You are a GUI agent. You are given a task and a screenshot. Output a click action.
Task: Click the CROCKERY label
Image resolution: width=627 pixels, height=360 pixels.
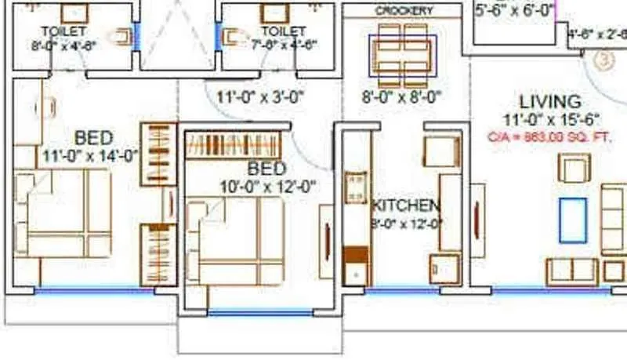pos(404,11)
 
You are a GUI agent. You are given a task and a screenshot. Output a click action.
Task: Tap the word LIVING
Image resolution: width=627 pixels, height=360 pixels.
pos(550,102)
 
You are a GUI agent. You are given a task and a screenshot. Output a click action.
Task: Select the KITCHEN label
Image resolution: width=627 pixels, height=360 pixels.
pos(405,205)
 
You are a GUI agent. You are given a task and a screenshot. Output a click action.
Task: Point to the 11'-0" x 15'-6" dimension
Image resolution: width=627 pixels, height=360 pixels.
pos(552,120)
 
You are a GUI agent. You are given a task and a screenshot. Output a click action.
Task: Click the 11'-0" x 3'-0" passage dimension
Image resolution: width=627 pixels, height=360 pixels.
pos(259,98)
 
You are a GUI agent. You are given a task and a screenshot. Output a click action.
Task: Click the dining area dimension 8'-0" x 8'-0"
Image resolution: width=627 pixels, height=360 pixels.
pos(402,98)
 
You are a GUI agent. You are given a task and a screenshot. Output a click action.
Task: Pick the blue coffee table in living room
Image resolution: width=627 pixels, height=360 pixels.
pos(572,220)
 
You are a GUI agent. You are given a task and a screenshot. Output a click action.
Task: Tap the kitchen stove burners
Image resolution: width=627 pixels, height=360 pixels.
pos(356,186)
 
